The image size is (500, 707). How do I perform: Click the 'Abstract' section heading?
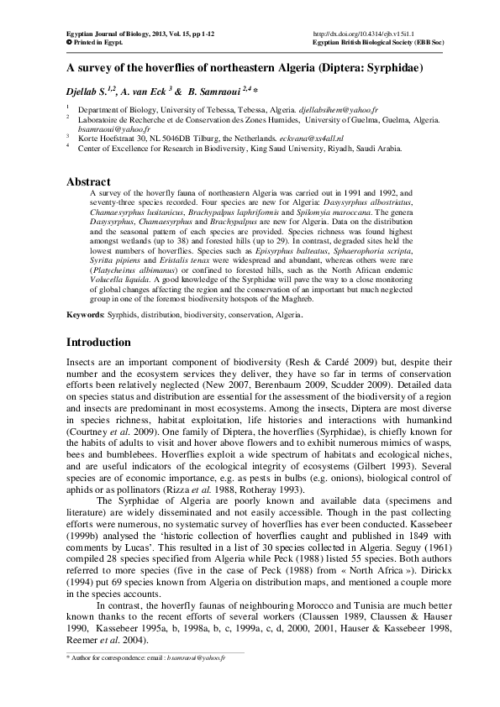pyautogui.click(x=88, y=181)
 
